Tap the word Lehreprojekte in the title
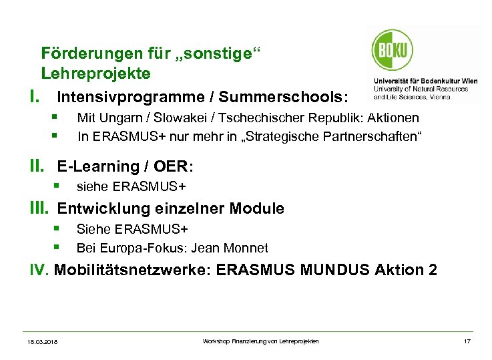[95, 72]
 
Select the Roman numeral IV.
[38, 270]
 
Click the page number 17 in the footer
[467, 341]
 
